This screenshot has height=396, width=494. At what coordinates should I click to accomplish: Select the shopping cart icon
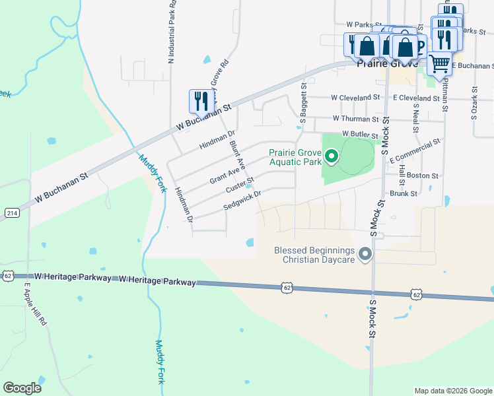(x=439, y=64)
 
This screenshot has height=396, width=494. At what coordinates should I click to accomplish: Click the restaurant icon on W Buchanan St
(x=201, y=101)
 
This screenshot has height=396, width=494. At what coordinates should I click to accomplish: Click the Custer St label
(x=240, y=185)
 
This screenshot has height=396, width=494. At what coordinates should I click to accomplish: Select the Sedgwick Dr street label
(x=242, y=200)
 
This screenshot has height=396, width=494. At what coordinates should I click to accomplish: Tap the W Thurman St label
(x=356, y=119)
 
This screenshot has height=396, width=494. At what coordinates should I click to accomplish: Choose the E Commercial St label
(x=415, y=151)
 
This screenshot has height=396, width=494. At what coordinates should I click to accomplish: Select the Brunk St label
(x=404, y=194)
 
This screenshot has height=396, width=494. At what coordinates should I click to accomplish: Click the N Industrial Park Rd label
(x=172, y=32)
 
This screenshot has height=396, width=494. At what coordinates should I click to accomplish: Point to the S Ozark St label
(x=474, y=102)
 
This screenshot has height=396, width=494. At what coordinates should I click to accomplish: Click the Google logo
(x=22, y=388)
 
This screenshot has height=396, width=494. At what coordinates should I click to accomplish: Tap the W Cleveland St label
(x=356, y=98)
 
